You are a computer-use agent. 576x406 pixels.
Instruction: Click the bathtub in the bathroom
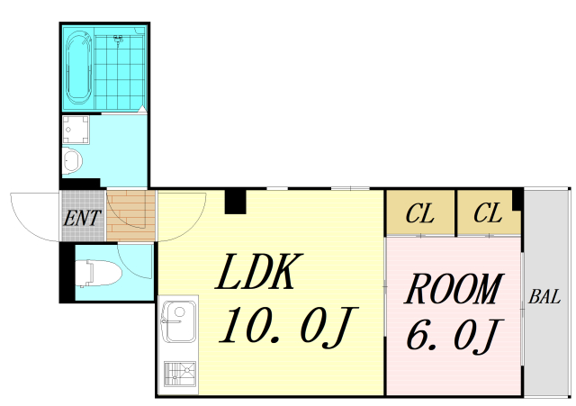click(79, 68)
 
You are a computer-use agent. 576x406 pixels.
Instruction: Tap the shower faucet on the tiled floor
click(118, 40)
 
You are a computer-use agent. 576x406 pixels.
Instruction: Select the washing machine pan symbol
click(76, 130)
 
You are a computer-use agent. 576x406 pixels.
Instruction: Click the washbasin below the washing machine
click(71, 160)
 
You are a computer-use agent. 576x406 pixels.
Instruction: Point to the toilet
click(98, 273)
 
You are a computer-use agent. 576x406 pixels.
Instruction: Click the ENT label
click(82, 218)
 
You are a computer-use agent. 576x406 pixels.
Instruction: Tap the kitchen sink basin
click(178, 321)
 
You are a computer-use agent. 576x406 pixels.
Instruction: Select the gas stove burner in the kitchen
click(180, 374)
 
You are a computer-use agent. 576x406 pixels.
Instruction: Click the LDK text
click(259, 272)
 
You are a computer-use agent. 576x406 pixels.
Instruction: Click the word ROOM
click(454, 289)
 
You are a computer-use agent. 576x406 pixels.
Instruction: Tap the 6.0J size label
click(454, 336)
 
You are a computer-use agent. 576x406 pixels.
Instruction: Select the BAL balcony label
click(544, 296)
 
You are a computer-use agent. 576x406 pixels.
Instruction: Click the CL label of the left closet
click(420, 213)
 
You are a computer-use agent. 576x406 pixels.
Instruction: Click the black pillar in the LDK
click(235, 202)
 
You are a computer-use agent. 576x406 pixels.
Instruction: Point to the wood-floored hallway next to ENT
click(131, 215)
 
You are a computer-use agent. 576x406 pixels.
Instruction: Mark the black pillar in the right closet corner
click(517, 199)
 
